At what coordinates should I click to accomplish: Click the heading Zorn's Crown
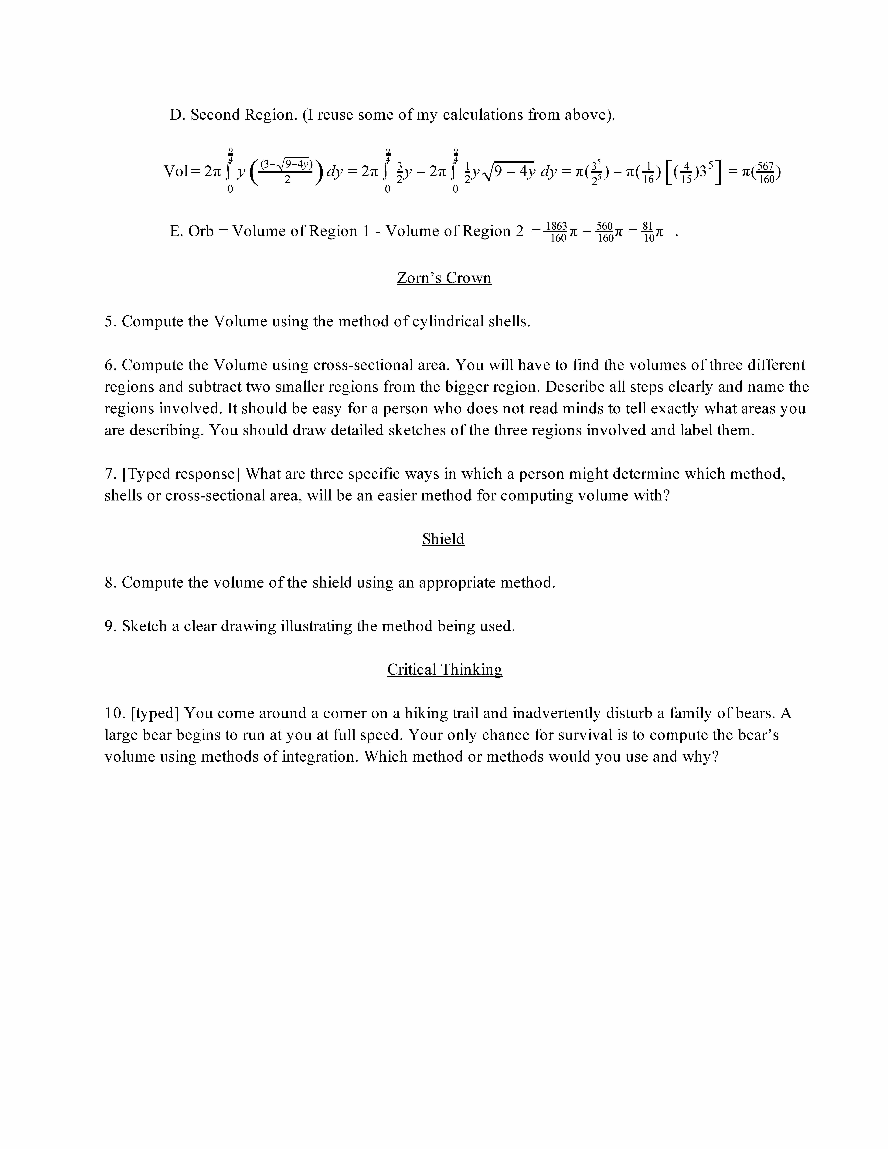click(x=444, y=278)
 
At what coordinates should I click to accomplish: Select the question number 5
click(x=109, y=321)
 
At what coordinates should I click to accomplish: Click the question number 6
click(x=109, y=365)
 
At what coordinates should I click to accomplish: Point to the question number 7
click(x=109, y=474)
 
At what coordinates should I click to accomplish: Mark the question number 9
click(x=109, y=626)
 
